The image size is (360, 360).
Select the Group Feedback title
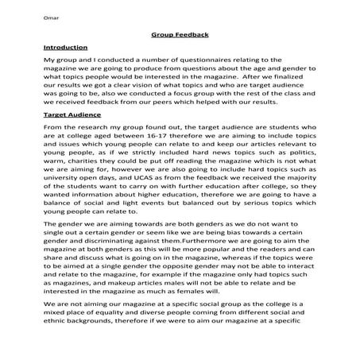179,36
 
